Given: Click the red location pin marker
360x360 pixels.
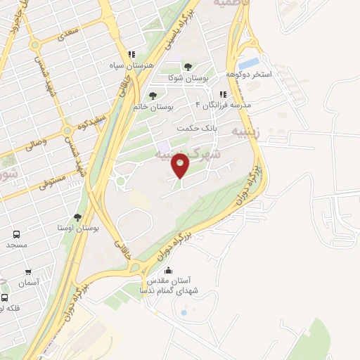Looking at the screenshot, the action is click(x=181, y=165).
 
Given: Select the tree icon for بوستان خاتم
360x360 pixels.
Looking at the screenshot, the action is click(x=153, y=95).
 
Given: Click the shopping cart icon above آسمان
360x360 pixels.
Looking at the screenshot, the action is click(x=28, y=272).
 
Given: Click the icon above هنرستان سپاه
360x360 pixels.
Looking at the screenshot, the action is click(x=130, y=54).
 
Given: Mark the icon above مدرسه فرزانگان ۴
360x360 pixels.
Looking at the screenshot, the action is click(x=223, y=94).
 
